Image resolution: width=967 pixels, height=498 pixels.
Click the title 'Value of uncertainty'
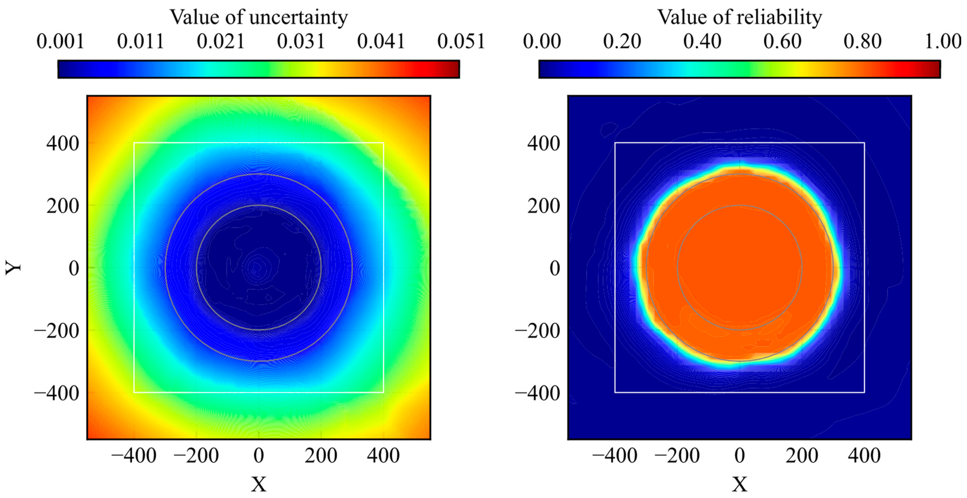coord(259,17)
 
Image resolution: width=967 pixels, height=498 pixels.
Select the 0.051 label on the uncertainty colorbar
coord(461,41)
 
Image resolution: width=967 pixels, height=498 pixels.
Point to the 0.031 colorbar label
coord(301,41)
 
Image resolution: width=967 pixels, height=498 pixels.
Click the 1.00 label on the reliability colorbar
coord(943,41)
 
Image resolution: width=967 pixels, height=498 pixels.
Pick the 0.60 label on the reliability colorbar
coord(782,41)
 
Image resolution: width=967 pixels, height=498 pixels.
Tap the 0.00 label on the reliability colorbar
coord(542,41)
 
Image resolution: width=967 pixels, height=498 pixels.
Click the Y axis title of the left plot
coord(14,268)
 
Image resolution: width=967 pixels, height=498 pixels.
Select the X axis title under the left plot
coord(259,484)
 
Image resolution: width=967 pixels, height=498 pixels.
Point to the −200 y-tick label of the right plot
coord(538,331)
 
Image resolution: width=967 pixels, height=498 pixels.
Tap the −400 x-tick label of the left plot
coord(134,456)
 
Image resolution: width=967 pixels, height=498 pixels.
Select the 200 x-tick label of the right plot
coord(802,456)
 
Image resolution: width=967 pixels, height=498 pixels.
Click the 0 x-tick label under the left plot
coord(259,456)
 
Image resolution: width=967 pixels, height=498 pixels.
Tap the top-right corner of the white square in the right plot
coord(864,143)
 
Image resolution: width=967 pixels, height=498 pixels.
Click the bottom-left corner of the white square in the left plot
coord(134,392)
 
